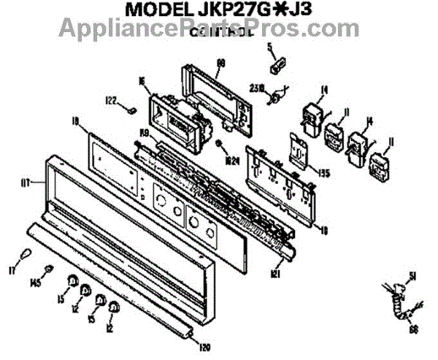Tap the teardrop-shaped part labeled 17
[26, 253]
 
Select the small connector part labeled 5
[277, 66]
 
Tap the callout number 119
[144, 132]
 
